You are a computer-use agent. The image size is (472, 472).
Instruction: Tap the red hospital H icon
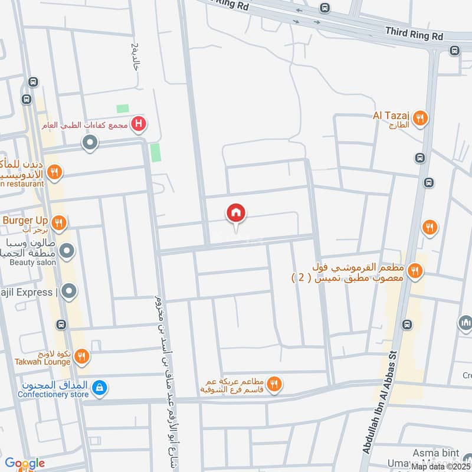tap(139, 124)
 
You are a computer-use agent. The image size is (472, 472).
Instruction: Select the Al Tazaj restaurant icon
tap(420, 117)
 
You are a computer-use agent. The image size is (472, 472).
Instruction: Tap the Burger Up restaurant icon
tap(58, 223)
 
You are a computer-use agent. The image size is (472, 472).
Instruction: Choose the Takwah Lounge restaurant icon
tap(82, 356)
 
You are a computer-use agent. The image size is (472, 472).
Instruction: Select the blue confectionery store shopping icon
tap(100, 387)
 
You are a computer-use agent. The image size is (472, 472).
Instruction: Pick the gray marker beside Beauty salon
tap(68, 252)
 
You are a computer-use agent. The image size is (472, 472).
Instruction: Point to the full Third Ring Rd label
tap(414, 35)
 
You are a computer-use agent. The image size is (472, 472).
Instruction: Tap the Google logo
tap(24, 463)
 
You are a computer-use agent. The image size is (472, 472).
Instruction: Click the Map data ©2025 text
tap(441, 466)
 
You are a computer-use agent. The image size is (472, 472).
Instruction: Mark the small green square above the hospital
tap(123, 109)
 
